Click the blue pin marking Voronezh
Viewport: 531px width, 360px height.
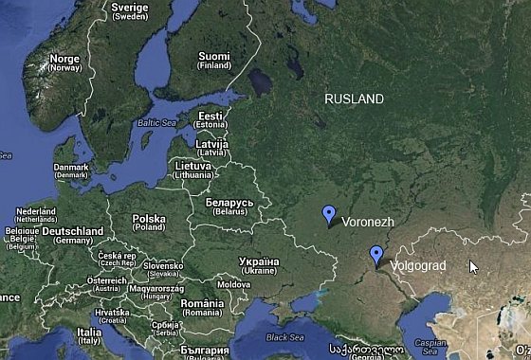(328, 215)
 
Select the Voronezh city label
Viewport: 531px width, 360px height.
(367, 222)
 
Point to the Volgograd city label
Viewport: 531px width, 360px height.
(417, 266)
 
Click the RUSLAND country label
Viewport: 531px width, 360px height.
(354, 99)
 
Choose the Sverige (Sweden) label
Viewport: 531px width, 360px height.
(130, 11)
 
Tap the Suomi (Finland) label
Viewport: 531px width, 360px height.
(214, 61)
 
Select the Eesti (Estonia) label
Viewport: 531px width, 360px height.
(211, 120)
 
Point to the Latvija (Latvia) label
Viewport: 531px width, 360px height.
(211, 147)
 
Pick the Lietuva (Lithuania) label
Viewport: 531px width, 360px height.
(193, 171)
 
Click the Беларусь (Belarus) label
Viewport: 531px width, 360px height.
(229, 207)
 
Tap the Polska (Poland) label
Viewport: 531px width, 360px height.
(148, 223)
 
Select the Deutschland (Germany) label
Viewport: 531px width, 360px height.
(72, 235)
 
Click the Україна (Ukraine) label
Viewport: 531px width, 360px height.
(258, 265)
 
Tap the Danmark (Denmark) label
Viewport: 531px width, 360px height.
(71, 171)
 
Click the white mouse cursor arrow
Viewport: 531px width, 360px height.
(473, 266)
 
